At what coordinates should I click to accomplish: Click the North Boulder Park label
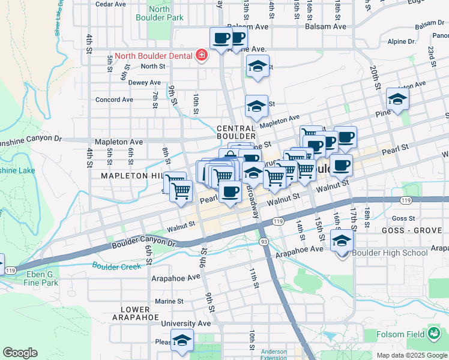[167, 13]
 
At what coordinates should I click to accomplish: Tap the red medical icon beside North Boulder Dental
[202, 56]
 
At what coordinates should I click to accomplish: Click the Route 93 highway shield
[264, 241]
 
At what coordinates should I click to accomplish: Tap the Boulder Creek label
[116, 266]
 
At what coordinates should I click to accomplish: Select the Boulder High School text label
[390, 253]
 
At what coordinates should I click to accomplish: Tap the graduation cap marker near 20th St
[397, 100]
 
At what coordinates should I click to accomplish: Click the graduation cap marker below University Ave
[182, 340]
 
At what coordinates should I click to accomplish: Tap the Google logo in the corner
[20, 353]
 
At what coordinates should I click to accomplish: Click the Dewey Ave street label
[145, 83]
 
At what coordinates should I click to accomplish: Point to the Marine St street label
[169, 301]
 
